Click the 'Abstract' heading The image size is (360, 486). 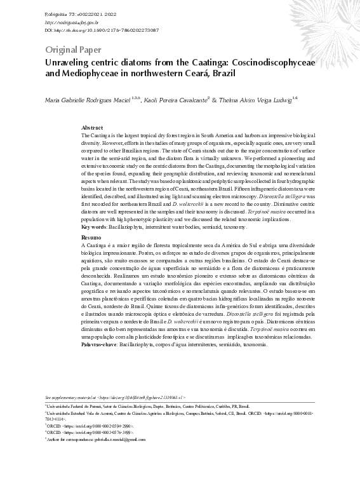click(92, 128)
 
